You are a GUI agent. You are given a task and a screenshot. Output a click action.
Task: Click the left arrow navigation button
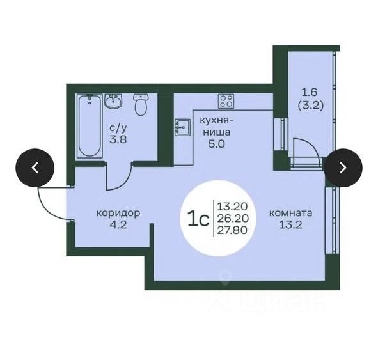coord(35,168)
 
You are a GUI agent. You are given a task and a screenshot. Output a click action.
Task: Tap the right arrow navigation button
coord(343,168)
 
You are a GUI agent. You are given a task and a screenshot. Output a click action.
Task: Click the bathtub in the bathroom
coord(90,126)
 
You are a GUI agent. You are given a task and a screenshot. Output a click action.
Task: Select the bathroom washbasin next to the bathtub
coord(113,100)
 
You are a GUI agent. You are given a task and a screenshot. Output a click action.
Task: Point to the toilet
coord(141,104)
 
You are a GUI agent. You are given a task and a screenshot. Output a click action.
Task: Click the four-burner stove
coord(226,101)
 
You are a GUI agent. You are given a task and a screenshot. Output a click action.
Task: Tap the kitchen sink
coord(182,127)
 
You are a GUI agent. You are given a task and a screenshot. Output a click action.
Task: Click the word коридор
coord(118,213)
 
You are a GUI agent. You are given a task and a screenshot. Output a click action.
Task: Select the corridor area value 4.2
coord(118,225)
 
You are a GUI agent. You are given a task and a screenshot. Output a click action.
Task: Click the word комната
coord(290,213)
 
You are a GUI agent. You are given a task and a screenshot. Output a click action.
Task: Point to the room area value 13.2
coord(290,225)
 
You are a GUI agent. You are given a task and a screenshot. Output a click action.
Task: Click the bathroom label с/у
coord(118,128)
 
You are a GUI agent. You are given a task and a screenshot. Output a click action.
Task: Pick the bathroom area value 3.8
coord(118,139)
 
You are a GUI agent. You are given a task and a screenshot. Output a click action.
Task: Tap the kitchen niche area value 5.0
coord(216,144)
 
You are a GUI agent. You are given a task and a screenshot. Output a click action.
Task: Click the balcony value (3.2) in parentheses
coord(310,106)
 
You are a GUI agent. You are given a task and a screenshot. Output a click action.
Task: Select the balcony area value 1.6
coord(310,92)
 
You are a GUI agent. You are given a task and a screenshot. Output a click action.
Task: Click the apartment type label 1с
coord(198,219)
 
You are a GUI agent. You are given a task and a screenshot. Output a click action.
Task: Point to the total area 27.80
coord(232,230)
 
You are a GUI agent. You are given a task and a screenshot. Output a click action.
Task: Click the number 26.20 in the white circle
coord(233,218)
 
